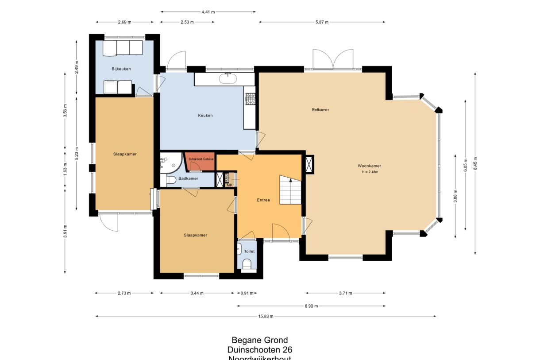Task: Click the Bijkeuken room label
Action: [121, 69]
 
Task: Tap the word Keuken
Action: [205, 116]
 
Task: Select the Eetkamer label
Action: [320, 109]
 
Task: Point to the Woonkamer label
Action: [369, 166]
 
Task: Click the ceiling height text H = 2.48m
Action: [370, 172]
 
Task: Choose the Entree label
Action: [263, 200]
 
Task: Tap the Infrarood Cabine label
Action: [201, 159]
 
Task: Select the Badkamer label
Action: [188, 179]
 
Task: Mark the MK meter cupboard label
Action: [229, 185]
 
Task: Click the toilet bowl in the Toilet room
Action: [247, 264]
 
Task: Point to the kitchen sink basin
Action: [228, 79]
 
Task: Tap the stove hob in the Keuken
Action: [251, 99]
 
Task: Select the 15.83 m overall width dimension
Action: [266, 316]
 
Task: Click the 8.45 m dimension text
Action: [475, 162]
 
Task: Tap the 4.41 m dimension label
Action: [208, 12]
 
